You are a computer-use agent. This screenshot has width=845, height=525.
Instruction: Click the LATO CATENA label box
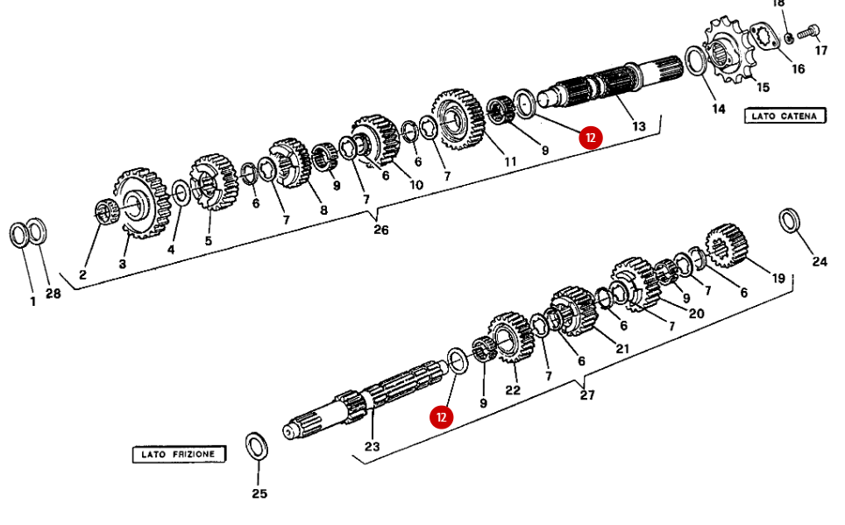tap(785, 116)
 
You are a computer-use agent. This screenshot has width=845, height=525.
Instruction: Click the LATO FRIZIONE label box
tap(179, 454)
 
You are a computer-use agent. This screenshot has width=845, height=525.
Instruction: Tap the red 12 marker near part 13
tap(591, 137)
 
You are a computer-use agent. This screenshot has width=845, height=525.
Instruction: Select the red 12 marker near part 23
tap(442, 416)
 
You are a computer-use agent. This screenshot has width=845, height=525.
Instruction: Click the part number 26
tap(380, 231)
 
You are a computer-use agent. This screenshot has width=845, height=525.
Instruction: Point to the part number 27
tap(587, 395)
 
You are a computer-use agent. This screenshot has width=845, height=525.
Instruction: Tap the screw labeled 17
tap(810, 32)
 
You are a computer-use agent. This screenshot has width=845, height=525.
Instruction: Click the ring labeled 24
tap(790, 220)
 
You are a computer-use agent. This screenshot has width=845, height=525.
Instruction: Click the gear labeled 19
tap(727, 245)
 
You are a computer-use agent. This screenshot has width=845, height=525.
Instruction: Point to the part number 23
tap(373, 446)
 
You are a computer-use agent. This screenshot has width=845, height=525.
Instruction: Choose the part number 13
tap(638, 126)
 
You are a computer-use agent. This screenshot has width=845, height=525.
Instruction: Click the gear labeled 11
tap(458, 117)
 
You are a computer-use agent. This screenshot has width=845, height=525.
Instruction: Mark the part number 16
tap(798, 69)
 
